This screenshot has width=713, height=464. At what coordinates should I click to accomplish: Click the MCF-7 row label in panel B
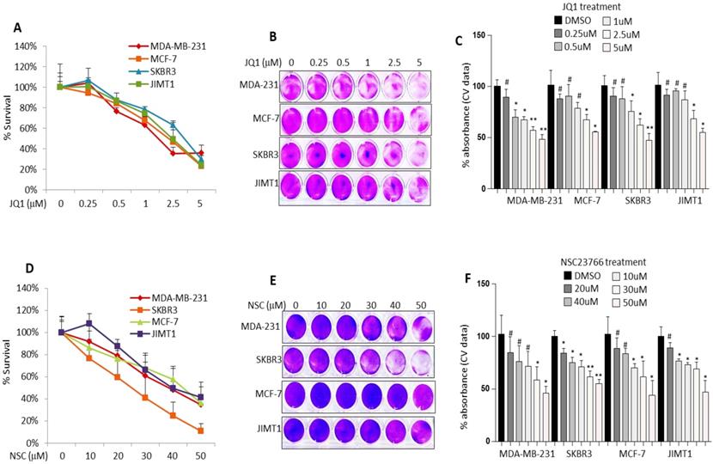(x=259, y=120)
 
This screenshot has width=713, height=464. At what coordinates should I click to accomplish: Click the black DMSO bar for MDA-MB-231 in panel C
(x=497, y=137)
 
